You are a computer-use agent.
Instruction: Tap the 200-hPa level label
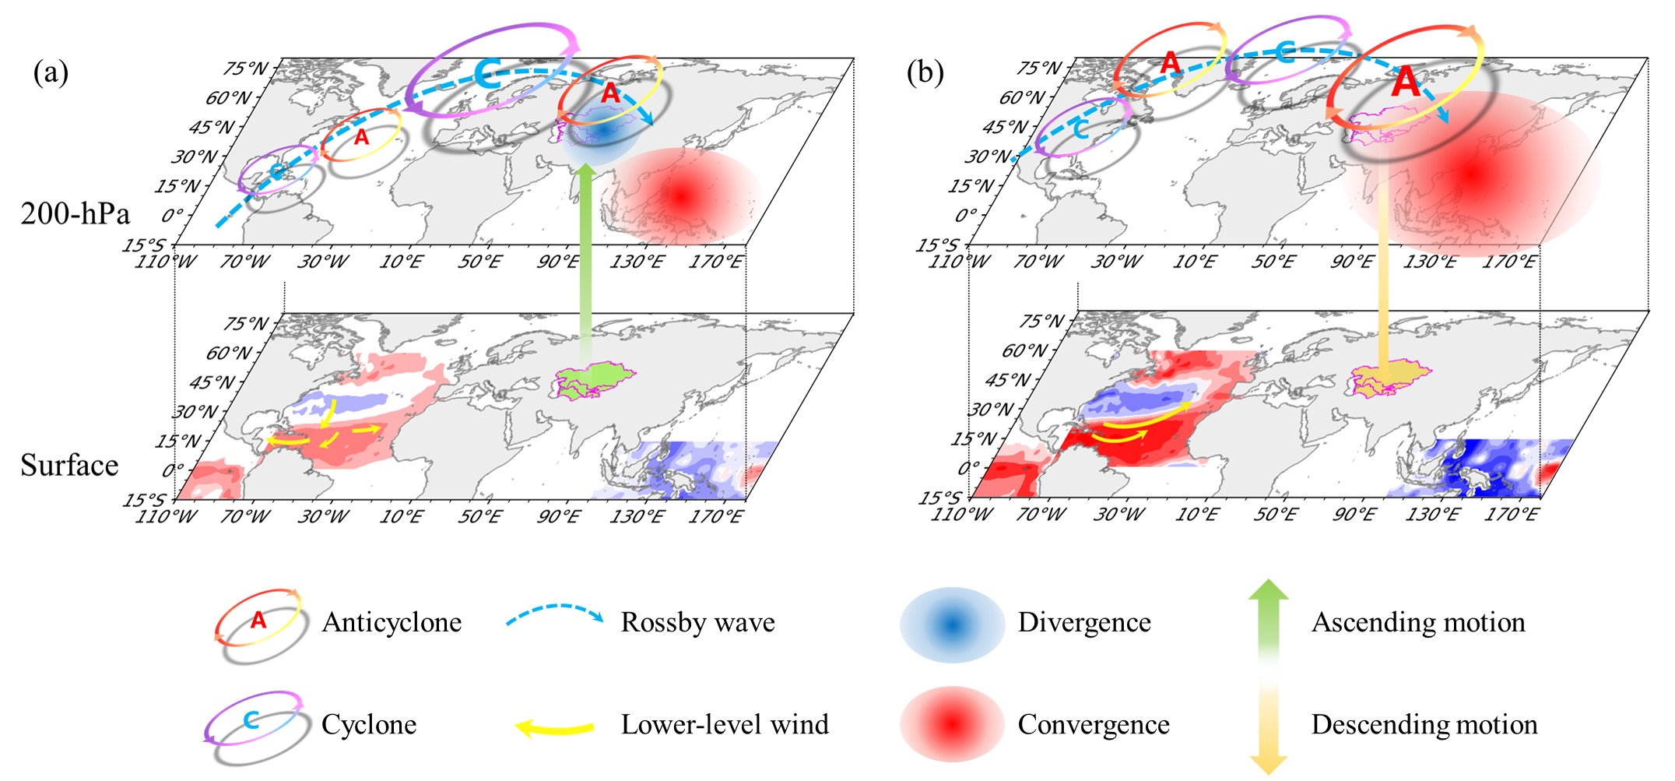tap(75, 213)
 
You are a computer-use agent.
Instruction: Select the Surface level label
tap(69, 465)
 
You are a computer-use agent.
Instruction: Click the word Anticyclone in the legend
tap(392, 622)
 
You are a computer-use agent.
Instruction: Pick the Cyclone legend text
tap(369, 724)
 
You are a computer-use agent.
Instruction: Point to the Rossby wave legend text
tap(697, 622)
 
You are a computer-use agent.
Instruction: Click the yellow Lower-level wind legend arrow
tap(555, 728)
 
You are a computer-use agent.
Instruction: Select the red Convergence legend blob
tap(951, 724)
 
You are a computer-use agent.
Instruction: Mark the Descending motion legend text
tap(1424, 724)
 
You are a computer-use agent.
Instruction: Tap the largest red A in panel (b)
tap(1406, 82)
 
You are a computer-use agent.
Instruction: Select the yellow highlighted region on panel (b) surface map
tap(1389, 378)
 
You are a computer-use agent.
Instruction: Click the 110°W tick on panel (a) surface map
tap(166, 516)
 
